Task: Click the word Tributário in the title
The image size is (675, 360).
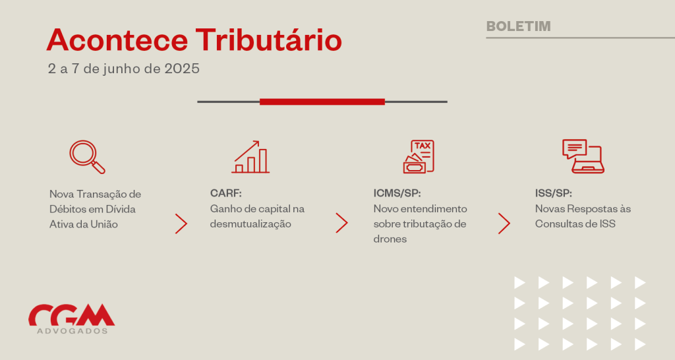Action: (x=269, y=40)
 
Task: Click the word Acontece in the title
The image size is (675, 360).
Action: (x=117, y=40)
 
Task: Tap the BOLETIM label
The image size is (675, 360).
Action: (x=518, y=26)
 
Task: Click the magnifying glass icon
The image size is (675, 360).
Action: (x=88, y=157)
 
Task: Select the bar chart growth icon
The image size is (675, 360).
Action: (x=250, y=157)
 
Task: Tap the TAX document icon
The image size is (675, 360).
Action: (x=419, y=157)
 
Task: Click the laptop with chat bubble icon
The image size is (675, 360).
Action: (x=583, y=156)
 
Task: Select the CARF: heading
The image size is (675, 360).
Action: (x=226, y=193)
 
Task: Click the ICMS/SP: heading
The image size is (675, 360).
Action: (x=397, y=193)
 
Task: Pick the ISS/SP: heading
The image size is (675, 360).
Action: (x=554, y=193)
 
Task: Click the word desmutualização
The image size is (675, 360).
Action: (x=250, y=224)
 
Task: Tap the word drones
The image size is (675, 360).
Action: (x=390, y=239)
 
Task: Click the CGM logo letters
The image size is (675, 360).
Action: (x=71, y=315)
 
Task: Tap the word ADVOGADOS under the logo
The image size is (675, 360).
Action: (x=73, y=331)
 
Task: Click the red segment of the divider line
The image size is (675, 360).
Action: (x=322, y=102)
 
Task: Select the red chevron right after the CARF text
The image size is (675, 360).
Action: (x=342, y=223)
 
